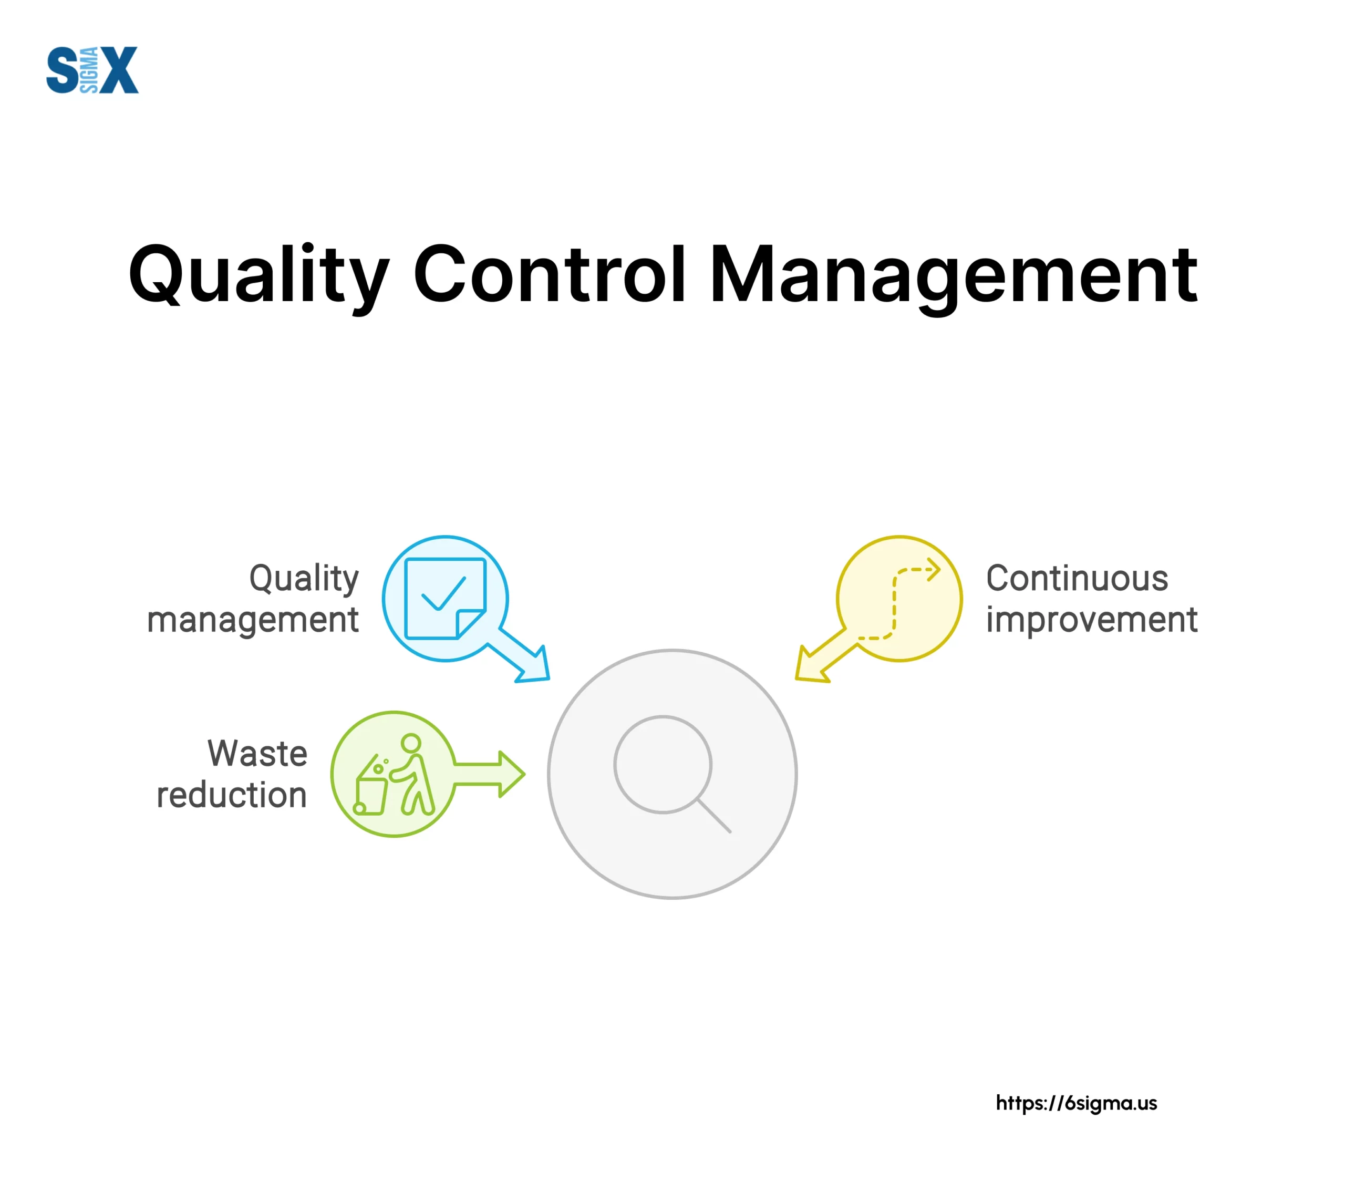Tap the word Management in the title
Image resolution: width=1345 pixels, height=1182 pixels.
pos(954,277)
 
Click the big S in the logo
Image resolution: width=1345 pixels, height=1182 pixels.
pos(63,70)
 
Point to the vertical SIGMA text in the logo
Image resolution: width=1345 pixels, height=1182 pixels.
pos(89,70)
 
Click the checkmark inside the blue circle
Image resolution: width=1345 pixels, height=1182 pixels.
pos(443,594)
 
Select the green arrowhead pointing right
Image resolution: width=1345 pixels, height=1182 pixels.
pos(511,774)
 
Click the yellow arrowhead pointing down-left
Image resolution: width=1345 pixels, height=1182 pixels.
pos(811,665)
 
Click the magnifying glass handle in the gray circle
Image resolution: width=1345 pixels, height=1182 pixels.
pos(714,816)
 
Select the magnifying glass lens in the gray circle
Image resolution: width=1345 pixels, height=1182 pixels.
pos(663,764)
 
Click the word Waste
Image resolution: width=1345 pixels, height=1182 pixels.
pos(257,753)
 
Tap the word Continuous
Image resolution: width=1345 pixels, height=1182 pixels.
pos(1077,579)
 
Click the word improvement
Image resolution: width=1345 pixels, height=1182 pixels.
pos(1092,620)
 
